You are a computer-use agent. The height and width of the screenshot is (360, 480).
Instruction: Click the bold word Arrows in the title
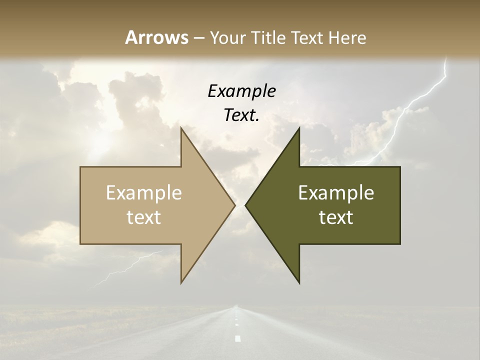[x=156, y=37]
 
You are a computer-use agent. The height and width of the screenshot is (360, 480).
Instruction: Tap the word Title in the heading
[x=266, y=37]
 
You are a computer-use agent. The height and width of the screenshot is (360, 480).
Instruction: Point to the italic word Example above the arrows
[x=241, y=91]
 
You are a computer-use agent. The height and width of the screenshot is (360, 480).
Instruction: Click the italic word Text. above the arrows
[x=241, y=115]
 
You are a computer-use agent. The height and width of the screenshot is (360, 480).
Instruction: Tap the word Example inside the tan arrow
[x=144, y=193]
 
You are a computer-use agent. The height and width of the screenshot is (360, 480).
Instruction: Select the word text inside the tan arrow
[x=144, y=217]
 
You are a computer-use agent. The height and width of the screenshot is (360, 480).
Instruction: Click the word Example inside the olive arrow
[x=336, y=193]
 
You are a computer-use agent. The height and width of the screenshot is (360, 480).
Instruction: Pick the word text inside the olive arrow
[x=336, y=217]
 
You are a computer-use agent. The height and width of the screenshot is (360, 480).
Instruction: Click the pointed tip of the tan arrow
[x=234, y=205]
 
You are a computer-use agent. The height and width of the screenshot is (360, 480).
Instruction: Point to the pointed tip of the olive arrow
[x=245, y=205]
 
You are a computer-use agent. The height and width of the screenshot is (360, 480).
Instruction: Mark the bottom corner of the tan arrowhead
[x=181, y=283]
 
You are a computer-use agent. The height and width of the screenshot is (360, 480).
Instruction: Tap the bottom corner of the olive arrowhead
[x=299, y=283]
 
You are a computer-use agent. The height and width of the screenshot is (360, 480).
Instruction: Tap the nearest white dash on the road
[x=238, y=338]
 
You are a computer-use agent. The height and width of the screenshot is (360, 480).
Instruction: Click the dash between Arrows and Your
[x=199, y=38]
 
